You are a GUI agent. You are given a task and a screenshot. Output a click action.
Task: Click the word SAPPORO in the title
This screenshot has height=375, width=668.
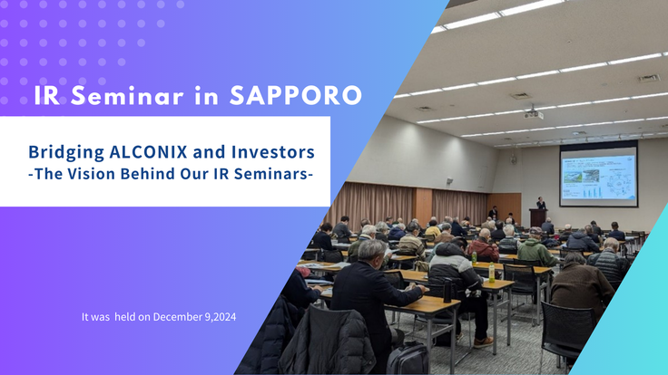(296, 95)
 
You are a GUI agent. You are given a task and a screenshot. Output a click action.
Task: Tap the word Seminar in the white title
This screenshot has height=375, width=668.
(127, 96)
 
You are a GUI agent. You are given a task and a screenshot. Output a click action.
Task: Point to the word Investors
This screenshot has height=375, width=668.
(273, 152)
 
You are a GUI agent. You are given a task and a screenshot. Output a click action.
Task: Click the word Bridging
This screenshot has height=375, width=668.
(66, 153)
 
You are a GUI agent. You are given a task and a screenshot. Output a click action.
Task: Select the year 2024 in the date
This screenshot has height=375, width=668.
(225, 317)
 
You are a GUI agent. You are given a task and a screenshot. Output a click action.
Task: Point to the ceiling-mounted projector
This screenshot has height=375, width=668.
(534, 114)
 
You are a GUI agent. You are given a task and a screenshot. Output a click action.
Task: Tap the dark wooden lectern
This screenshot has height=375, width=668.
(537, 216)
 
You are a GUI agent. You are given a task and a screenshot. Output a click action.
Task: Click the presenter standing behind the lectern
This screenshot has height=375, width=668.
(541, 203)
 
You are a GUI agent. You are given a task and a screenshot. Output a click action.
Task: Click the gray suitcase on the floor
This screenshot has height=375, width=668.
(408, 360)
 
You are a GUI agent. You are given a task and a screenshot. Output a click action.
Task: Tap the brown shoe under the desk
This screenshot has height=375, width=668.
(483, 341)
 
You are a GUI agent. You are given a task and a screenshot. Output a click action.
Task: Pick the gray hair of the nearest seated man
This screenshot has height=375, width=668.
(371, 250)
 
